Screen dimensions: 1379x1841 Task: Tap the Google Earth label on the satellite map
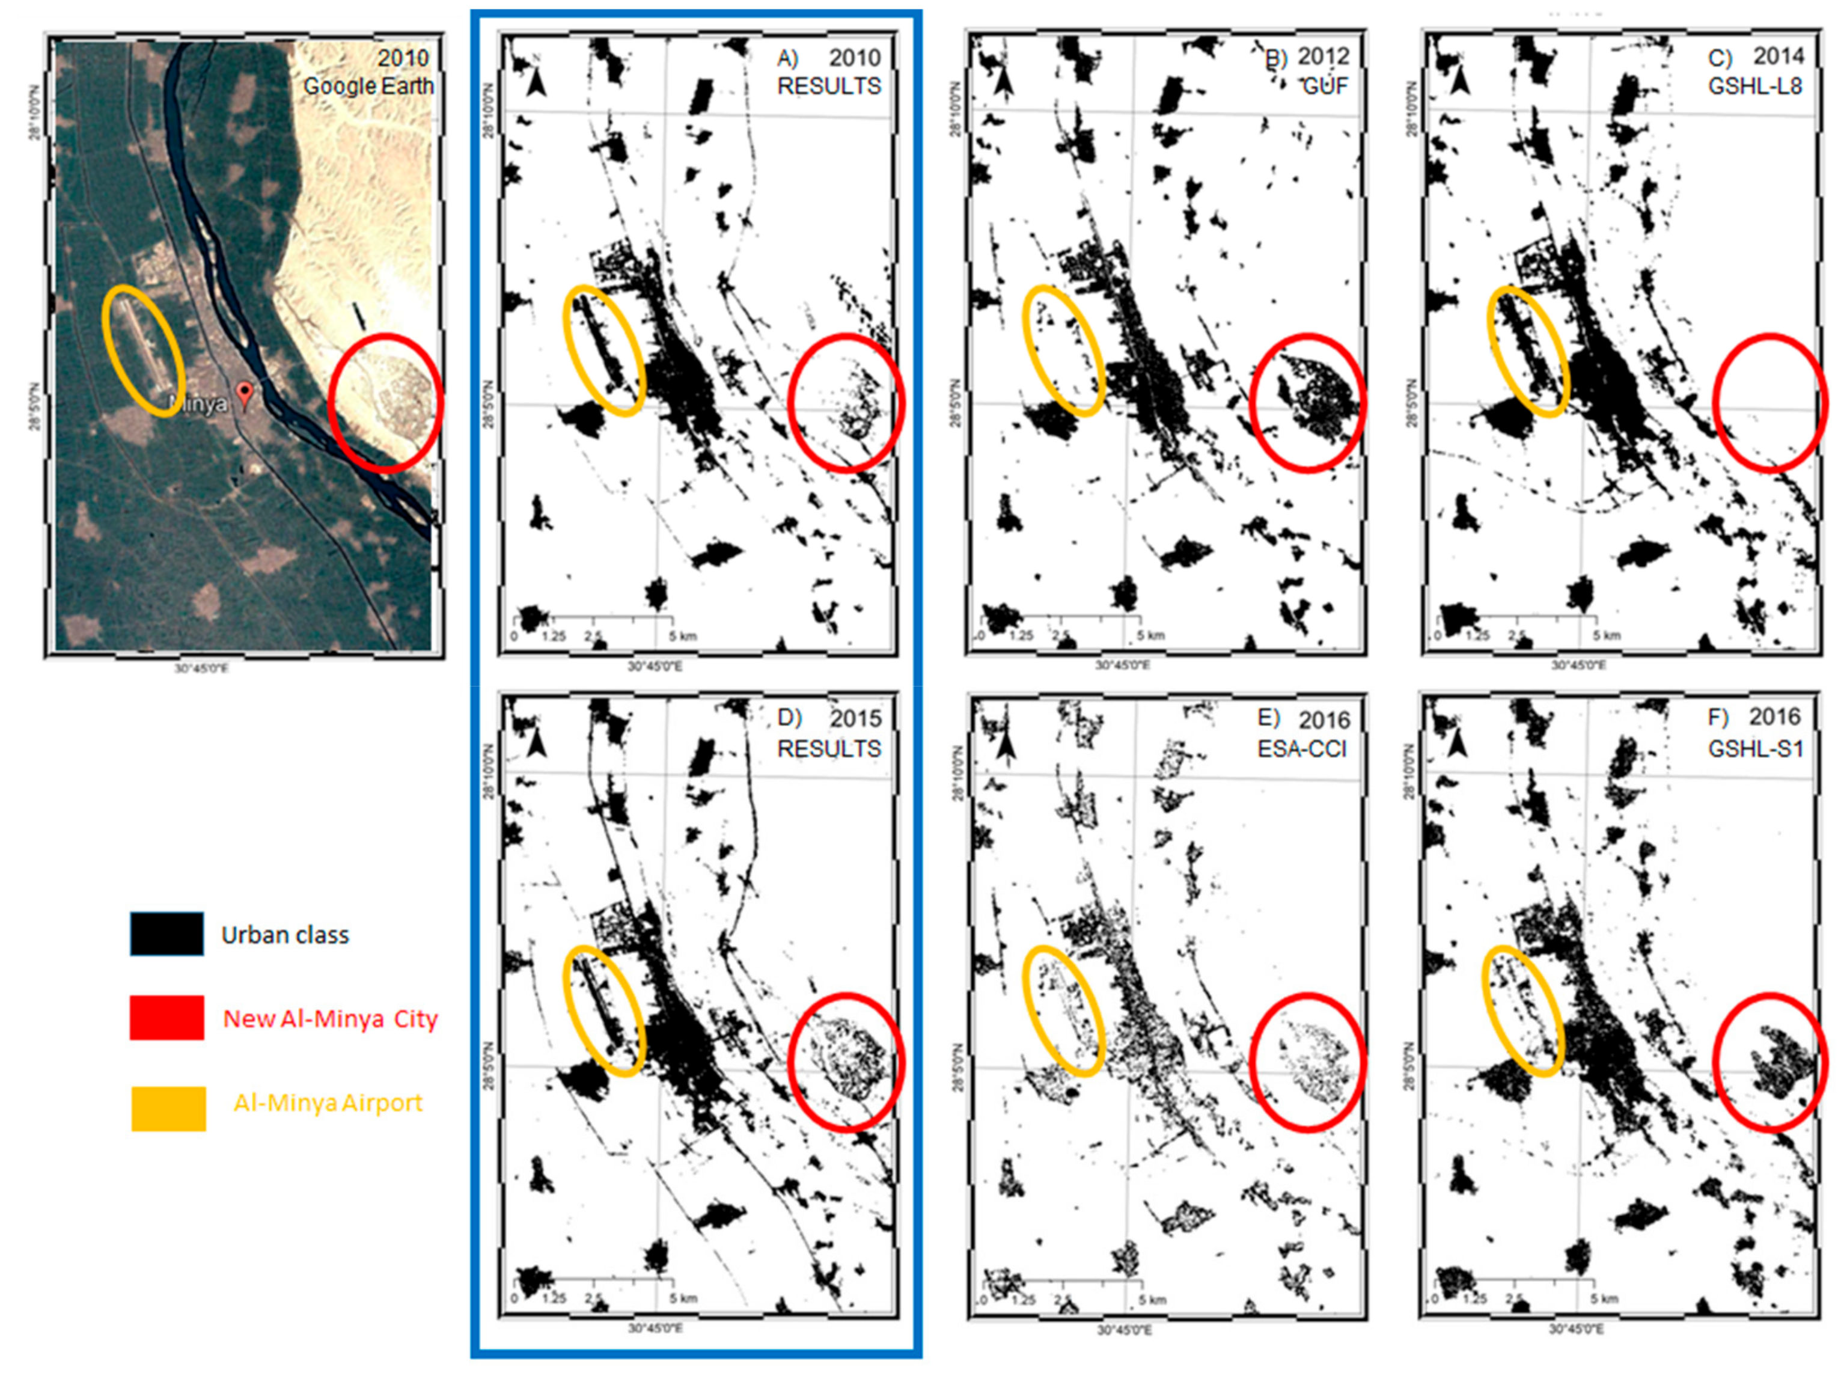368,86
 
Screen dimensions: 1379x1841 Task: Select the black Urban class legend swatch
166,934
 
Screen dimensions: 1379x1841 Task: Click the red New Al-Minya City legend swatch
166,1017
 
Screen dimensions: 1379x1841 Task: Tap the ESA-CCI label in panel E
1302,749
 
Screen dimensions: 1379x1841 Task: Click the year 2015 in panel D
855,718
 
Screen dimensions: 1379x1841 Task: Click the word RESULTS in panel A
829,86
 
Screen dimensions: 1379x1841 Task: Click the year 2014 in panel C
1778,56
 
